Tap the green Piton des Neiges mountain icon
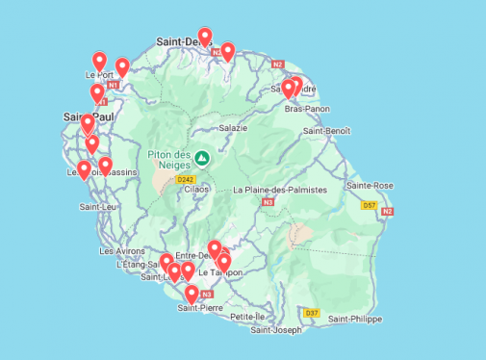pos(202,158)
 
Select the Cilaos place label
pos(195,190)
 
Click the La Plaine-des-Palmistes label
pos(281,191)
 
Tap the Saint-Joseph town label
pos(276,330)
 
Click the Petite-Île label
pos(247,316)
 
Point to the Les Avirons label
pos(122,250)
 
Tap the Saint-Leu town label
pos(98,206)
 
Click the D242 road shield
pos(187,179)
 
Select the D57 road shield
pos(369,204)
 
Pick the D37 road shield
pos(311,313)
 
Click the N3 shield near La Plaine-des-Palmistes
pos(268,202)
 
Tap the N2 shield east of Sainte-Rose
pos(387,211)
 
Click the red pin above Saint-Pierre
pos(192,293)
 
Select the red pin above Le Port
pos(99,62)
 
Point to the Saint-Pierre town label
pos(200,308)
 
